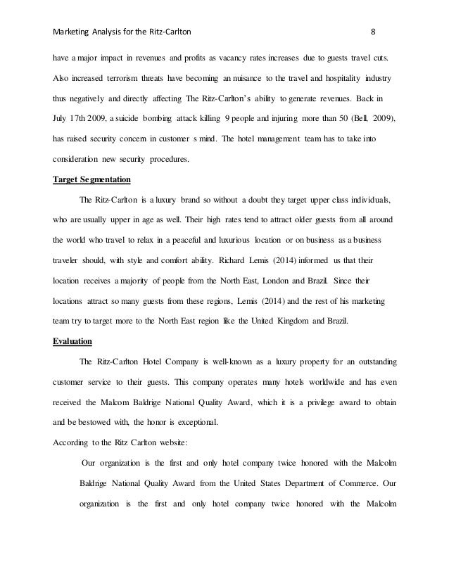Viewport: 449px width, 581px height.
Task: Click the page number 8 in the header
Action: [x=373, y=12]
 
